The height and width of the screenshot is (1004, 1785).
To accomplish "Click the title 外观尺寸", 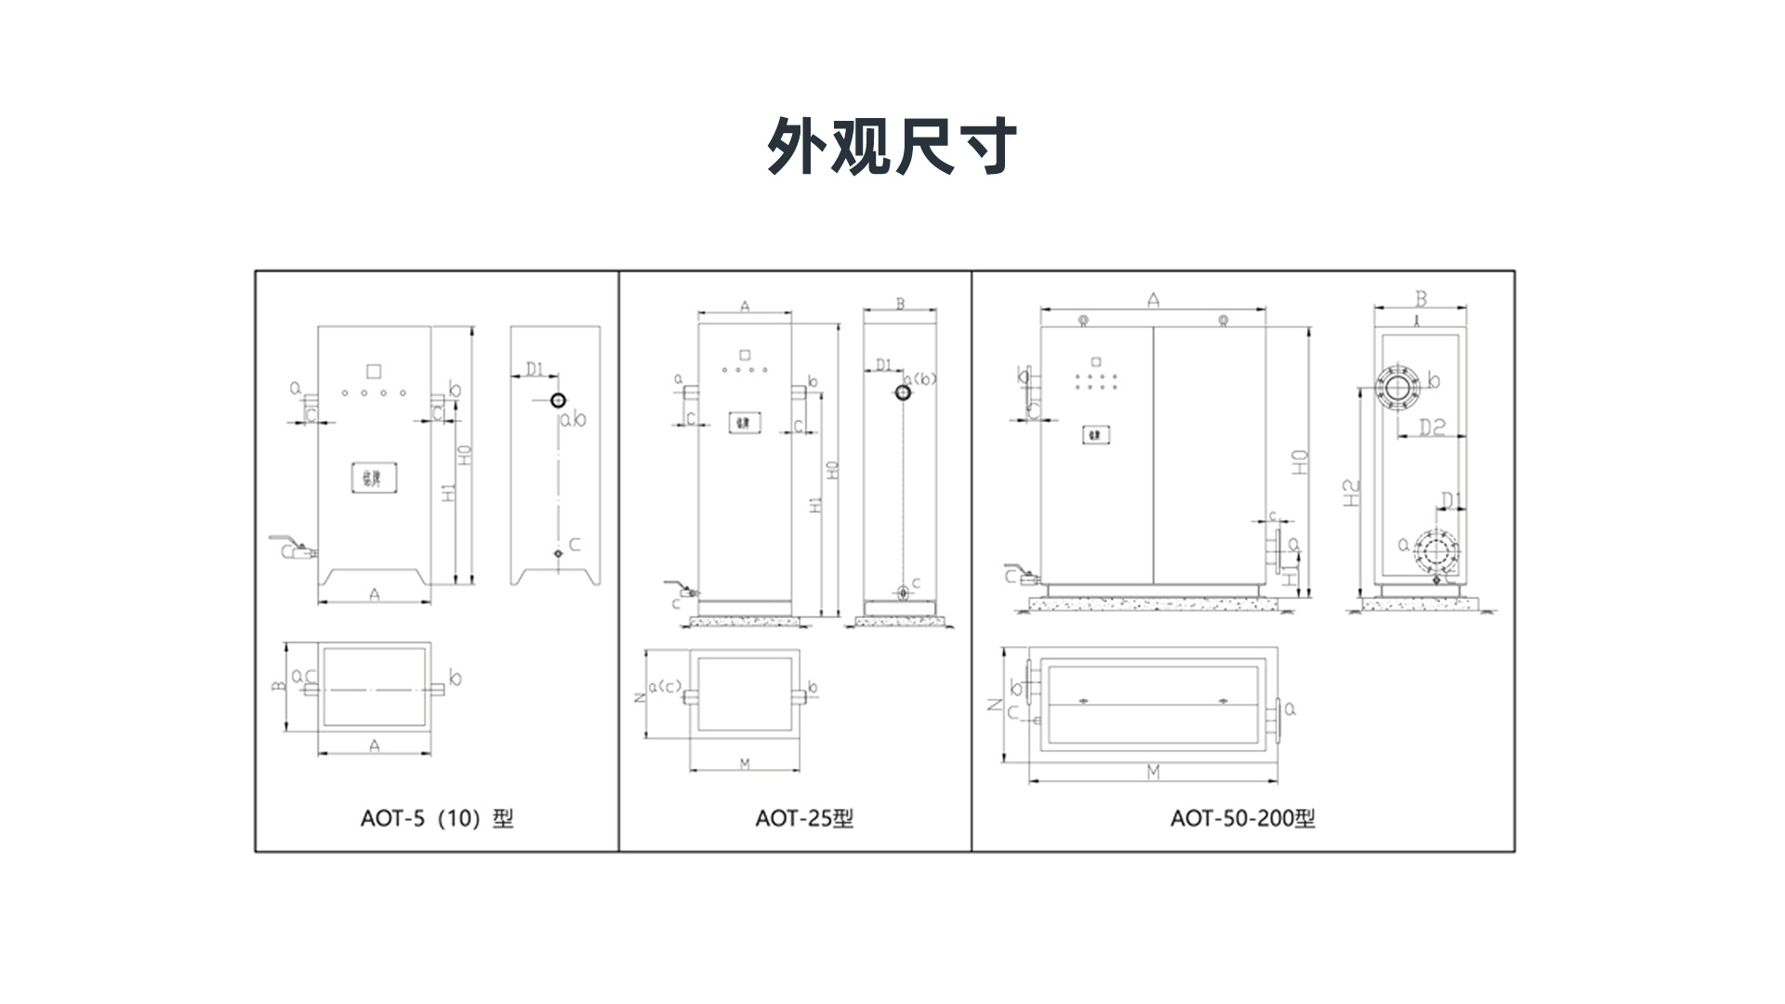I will (892, 146).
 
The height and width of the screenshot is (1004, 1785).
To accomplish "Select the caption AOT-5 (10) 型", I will (436, 818).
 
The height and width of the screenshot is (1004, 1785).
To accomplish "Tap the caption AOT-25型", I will (804, 818).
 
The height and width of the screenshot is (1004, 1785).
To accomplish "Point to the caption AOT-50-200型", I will (1242, 818).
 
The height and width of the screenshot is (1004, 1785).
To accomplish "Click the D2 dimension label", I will (1433, 427).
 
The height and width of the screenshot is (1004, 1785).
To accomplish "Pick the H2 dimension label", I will (1352, 492).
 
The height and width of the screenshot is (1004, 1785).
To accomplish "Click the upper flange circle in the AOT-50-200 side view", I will (1398, 388).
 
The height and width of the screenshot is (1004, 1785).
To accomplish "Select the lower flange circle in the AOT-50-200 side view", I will (1435, 551).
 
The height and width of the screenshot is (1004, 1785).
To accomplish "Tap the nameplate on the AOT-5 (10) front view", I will (374, 478).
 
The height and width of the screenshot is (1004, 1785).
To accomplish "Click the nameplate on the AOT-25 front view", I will (744, 423).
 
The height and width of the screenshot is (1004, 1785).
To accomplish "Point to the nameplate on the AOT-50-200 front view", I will (1097, 434).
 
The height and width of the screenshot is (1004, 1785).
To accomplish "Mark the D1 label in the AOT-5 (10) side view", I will (535, 369).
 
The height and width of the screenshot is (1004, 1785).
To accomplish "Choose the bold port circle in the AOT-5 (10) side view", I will (558, 401).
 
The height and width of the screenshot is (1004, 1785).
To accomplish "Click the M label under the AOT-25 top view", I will (744, 764).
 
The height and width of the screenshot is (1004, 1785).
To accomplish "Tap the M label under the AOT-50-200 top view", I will (1153, 772).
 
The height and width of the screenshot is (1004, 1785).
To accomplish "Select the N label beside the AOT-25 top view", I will (640, 696).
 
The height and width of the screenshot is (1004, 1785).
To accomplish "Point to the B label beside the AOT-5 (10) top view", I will (277, 686).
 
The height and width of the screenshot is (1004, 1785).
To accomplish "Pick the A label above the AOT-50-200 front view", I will (1153, 299).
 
